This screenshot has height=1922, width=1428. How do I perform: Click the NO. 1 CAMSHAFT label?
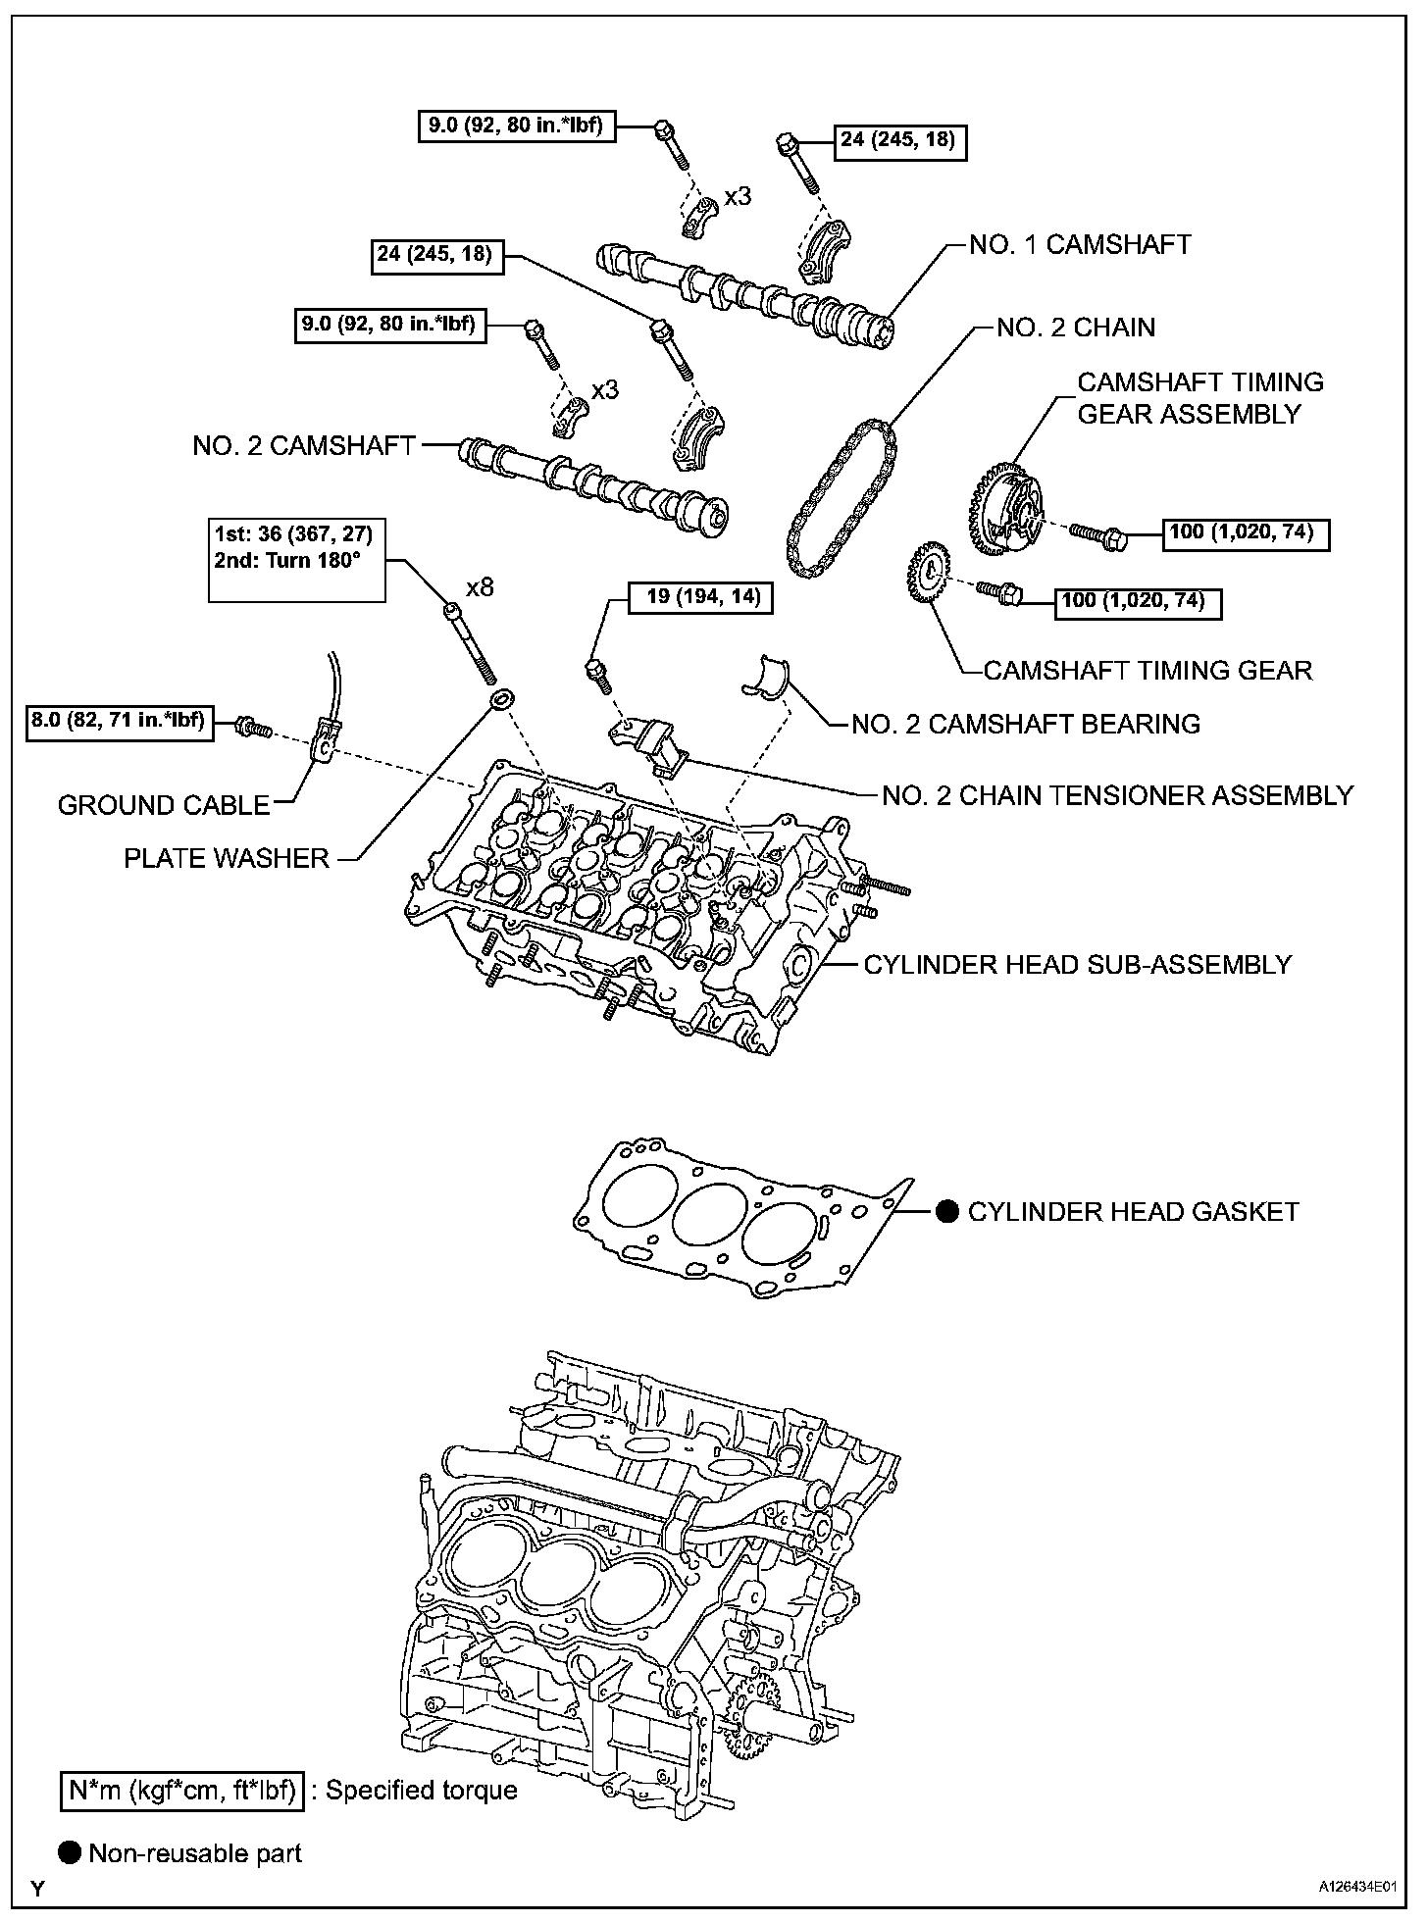(1080, 245)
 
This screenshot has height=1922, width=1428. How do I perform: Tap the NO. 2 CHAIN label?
(1076, 328)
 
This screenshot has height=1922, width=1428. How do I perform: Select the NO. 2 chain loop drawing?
(841, 500)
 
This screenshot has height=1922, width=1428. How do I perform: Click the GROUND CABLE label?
(164, 806)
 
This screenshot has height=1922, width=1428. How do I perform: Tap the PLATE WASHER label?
(226, 859)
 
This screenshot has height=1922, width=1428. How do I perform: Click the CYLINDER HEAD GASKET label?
(1133, 1212)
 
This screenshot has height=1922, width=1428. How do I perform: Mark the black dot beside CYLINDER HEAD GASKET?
(946, 1212)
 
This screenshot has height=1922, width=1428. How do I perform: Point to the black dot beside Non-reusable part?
(70, 1853)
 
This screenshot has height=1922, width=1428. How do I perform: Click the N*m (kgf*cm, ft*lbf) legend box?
(180, 1791)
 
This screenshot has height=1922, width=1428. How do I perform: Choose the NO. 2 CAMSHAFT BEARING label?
(1025, 725)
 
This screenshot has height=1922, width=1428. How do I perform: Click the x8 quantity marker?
(480, 588)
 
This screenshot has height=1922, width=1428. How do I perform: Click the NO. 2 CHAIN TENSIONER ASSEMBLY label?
(1117, 795)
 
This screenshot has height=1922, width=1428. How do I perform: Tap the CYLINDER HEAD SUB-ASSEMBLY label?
(1077, 965)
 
